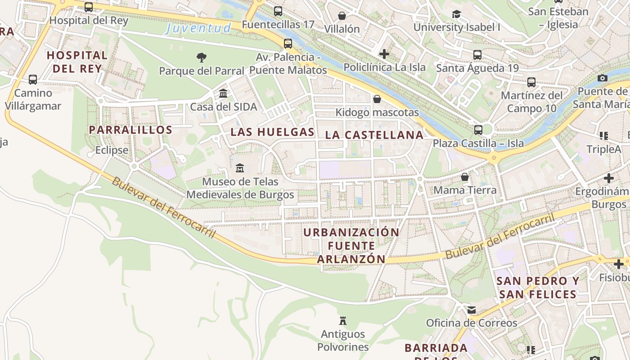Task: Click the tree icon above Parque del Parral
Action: pos(201,57)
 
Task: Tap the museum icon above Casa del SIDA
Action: pos(223,93)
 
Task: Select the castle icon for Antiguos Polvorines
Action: pos(343,321)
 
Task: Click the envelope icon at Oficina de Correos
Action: pos(471,310)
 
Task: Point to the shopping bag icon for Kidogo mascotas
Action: pos(377,99)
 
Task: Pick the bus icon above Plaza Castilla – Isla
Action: pos(478,130)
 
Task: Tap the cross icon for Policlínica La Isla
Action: pos(384,54)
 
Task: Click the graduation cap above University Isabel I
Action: pos(456,14)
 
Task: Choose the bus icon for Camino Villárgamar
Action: pos(33,80)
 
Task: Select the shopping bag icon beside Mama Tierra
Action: pos(465,176)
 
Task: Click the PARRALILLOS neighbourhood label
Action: pos(130,130)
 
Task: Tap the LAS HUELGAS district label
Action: pos(272,132)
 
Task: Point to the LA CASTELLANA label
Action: pos(374,135)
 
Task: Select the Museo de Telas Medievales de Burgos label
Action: pos(240,188)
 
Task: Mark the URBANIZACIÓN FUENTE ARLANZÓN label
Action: pos(351,246)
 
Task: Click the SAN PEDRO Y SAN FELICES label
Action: pos(538,288)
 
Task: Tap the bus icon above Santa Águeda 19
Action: pos(477,55)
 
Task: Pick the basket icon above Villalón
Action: pos(342,16)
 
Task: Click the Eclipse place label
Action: pos(112,150)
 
